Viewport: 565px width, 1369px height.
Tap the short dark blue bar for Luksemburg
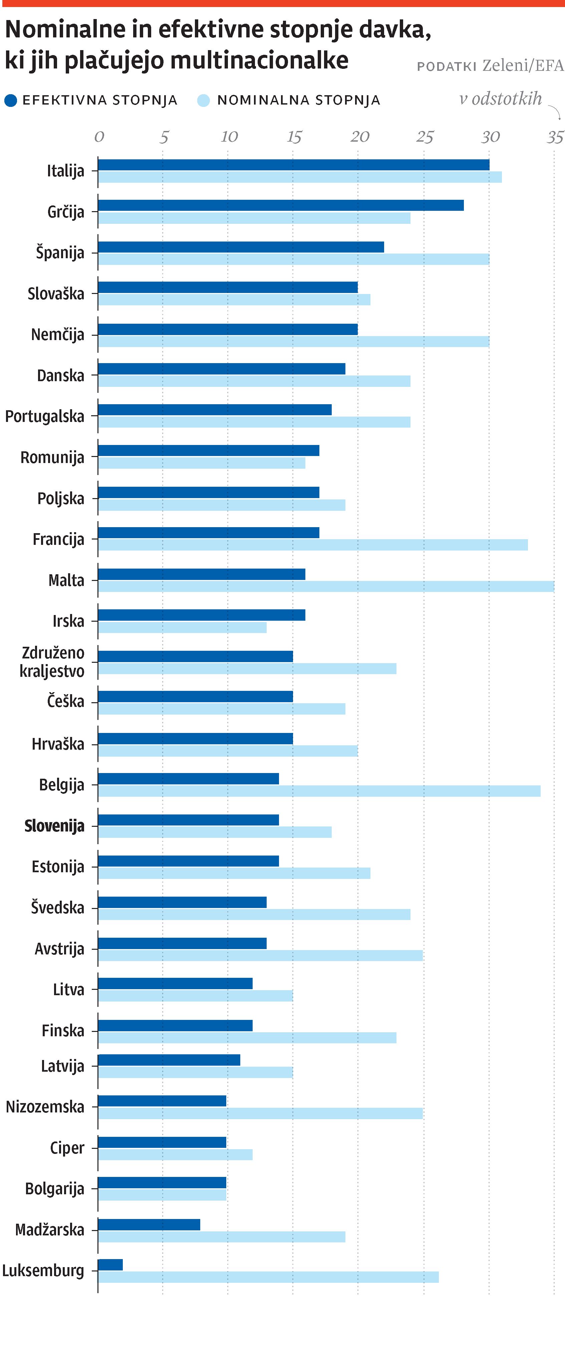[110, 1265]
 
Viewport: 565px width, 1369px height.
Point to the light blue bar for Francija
[312, 545]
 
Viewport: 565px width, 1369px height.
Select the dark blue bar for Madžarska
[149, 1224]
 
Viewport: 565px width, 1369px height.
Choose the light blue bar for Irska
[182, 627]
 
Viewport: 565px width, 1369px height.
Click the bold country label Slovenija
[54, 826]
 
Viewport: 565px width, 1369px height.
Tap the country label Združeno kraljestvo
[52, 662]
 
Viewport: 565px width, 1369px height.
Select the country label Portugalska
[45, 416]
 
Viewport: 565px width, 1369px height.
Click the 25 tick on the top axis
[424, 137]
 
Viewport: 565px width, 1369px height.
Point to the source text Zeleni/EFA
[523, 65]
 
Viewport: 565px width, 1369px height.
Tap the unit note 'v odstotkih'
[500, 99]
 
